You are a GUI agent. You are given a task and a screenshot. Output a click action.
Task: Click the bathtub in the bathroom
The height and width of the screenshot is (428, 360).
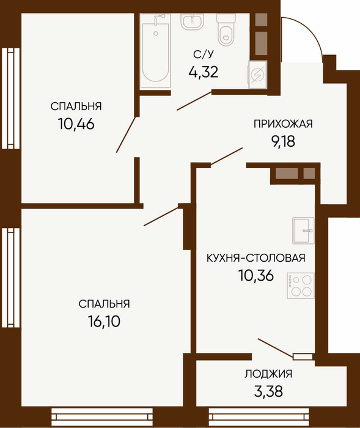pyautogui.click(x=156, y=51)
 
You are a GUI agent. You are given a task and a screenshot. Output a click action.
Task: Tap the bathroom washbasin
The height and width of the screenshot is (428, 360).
pyautogui.click(x=192, y=21)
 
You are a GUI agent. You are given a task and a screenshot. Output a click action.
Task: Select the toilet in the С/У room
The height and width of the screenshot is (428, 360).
pyautogui.click(x=226, y=30)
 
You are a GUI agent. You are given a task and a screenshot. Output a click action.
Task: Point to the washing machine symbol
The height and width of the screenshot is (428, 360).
pyautogui.click(x=257, y=74)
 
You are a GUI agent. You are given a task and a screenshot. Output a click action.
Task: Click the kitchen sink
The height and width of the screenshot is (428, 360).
pyautogui.click(x=303, y=231)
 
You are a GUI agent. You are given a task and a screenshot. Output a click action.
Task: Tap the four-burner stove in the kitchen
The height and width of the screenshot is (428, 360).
pyautogui.click(x=301, y=286)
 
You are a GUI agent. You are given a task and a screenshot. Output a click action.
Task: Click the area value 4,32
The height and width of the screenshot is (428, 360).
pyautogui.click(x=204, y=72)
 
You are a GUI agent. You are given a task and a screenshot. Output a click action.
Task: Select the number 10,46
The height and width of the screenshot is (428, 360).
pyautogui.click(x=76, y=124)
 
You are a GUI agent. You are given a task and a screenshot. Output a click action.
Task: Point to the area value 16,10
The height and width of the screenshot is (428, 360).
pyautogui.click(x=104, y=322)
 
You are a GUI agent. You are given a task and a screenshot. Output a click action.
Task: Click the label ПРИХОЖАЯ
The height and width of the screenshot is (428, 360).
pyautogui.click(x=283, y=124)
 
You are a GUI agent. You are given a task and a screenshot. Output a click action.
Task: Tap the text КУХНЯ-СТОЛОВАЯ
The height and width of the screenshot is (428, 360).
pyautogui.click(x=256, y=257)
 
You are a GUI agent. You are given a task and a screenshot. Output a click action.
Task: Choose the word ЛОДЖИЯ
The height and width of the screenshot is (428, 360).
pyautogui.click(x=268, y=374)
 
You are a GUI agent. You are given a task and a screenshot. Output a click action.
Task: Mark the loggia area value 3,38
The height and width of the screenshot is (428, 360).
pyautogui.click(x=268, y=391)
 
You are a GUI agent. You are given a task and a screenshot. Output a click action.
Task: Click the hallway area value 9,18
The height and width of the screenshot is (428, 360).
pyautogui.click(x=283, y=141)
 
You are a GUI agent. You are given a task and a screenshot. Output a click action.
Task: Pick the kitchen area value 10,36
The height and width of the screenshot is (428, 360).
pyautogui.click(x=256, y=275)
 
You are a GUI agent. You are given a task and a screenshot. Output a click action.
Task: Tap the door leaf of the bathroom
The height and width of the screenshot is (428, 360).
pyautogui.click(x=194, y=101)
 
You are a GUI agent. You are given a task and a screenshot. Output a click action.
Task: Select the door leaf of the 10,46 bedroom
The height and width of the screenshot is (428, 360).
pyautogui.click(x=126, y=135)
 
